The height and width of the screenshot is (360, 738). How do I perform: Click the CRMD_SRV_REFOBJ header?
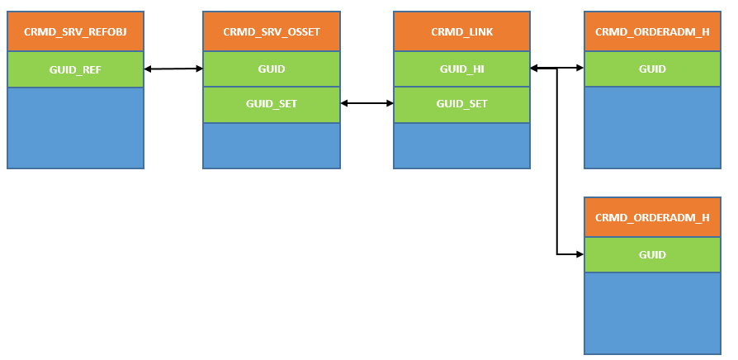tap(75, 31)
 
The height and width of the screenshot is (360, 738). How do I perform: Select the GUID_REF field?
tap(75, 69)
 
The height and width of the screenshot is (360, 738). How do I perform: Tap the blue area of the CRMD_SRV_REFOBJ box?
tap(75, 127)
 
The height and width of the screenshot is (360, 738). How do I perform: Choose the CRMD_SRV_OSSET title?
tap(272, 31)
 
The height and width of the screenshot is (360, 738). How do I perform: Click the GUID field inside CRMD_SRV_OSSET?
tap(272, 69)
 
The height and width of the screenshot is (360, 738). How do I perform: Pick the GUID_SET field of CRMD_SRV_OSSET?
tap(272, 104)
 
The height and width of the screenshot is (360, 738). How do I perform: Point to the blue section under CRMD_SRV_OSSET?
tap(272, 145)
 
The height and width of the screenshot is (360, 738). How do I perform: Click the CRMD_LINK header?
tap(461, 31)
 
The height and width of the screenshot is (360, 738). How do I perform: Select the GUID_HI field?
tap(461, 69)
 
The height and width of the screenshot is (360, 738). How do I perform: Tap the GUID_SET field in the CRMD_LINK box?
tap(461, 104)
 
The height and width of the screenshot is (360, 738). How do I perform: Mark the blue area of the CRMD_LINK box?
tap(461, 145)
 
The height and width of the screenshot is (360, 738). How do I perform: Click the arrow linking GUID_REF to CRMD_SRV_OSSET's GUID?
tap(173, 69)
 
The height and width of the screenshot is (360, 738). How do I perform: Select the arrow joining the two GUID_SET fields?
tap(367, 103)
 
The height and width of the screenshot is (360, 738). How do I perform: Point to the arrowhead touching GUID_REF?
tap(147, 69)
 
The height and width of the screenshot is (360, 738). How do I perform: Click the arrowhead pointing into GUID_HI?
tap(534, 69)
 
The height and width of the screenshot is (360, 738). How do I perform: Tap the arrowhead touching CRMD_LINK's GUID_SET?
tap(390, 103)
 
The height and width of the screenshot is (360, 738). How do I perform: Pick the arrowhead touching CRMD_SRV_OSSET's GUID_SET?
tap(344, 103)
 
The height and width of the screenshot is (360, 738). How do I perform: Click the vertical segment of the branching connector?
tap(557, 161)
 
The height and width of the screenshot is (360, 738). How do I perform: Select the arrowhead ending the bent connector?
tap(580, 254)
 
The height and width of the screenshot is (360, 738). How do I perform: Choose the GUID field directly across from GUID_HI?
tap(652, 69)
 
